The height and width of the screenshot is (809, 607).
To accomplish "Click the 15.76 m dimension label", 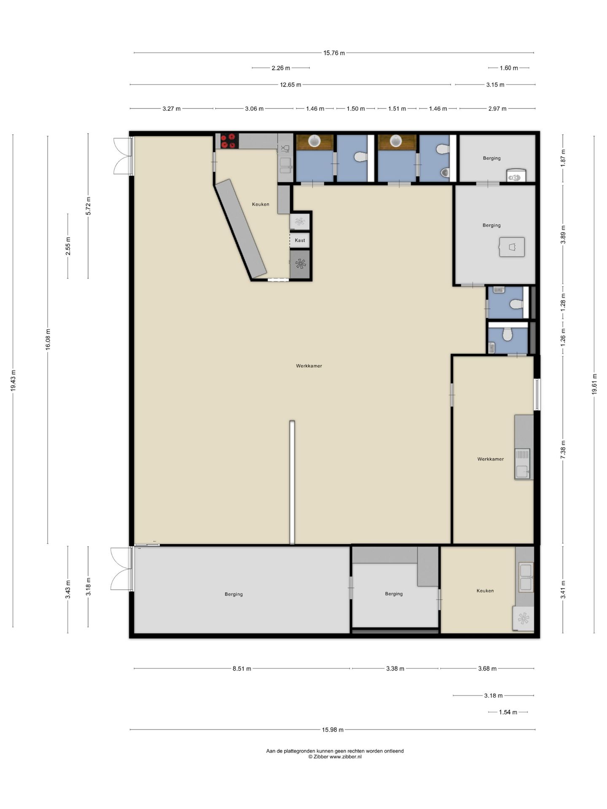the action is click(334, 53).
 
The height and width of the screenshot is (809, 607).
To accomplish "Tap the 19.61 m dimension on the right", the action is click(594, 384).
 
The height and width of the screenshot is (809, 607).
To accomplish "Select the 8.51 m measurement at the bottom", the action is click(242, 668).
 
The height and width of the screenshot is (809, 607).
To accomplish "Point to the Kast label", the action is click(300, 241).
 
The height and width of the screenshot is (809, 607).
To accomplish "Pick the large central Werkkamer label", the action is click(309, 366).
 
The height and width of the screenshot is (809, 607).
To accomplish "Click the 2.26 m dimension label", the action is click(281, 68).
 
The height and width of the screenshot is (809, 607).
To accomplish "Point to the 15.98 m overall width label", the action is click(333, 730).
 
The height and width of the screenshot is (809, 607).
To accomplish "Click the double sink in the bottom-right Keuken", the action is click(526, 577).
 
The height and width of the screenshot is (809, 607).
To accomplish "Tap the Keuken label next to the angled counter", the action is click(261, 204).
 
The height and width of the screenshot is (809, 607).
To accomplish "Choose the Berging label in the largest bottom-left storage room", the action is click(234, 594).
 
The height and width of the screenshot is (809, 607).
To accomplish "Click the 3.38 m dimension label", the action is click(395, 668).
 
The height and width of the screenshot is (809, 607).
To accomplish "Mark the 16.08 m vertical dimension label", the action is click(48, 339).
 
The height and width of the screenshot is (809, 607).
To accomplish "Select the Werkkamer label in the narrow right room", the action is click(490, 459).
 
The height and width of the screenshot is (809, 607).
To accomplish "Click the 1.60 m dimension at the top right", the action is click(509, 68).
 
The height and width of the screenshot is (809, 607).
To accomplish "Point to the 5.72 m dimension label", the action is click(88, 206).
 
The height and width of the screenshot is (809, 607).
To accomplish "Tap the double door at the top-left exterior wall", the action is click(123, 156).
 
